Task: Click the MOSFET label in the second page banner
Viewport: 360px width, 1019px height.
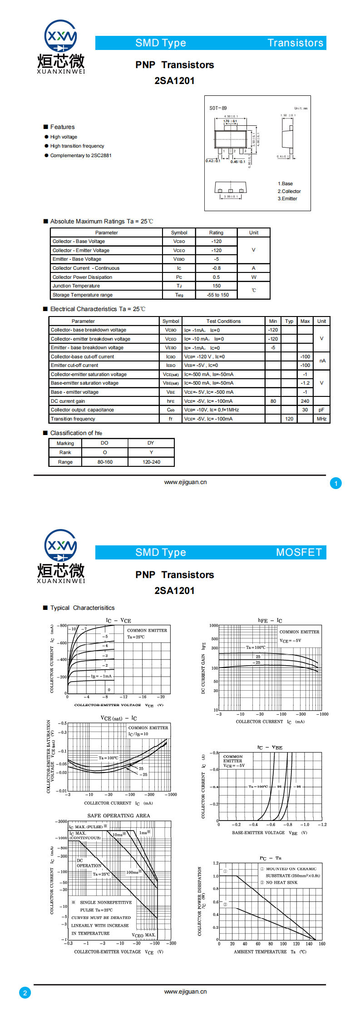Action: pyautogui.click(x=299, y=552)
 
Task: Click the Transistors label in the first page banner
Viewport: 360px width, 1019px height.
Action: pyautogui.click(x=295, y=43)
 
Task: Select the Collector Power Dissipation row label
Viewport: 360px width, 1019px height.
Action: pyautogui.click(x=82, y=277)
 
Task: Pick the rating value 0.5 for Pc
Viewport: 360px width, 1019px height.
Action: pyautogui.click(x=216, y=277)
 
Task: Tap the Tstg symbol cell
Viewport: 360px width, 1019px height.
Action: pyautogui.click(x=179, y=295)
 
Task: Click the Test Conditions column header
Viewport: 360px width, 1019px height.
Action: pyautogui.click(x=223, y=321)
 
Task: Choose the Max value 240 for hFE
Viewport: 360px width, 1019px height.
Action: pyautogui.click(x=305, y=401)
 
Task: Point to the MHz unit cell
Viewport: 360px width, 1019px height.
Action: pyautogui.click(x=321, y=419)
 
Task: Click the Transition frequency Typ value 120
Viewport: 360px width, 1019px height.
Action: pyautogui.click(x=289, y=419)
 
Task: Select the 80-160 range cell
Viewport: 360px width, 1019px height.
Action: pyautogui.click(x=105, y=462)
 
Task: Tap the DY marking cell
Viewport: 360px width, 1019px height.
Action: pyautogui.click(x=151, y=443)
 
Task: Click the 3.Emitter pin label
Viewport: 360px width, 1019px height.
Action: pyautogui.click(x=287, y=198)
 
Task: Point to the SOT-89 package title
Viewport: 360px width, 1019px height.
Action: pyautogui.click(x=218, y=108)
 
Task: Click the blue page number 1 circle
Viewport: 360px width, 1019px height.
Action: pyautogui.click(x=336, y=483)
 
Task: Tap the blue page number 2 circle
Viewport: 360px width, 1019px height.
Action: pyautogui.click(x=25, y=993)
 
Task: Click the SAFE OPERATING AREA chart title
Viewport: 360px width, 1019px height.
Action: pyautogui.click(x=118, y=816)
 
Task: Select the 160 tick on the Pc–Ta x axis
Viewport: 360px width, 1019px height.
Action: pyautogui.click(x=322, y=944)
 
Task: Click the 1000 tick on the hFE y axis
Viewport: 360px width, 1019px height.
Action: pyautogui.click(x=213, y=625)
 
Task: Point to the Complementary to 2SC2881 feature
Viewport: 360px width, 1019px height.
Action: pyautogui.click(x=81, y=155)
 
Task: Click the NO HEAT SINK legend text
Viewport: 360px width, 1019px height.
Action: pyautogui.click(x=281, y=882)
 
